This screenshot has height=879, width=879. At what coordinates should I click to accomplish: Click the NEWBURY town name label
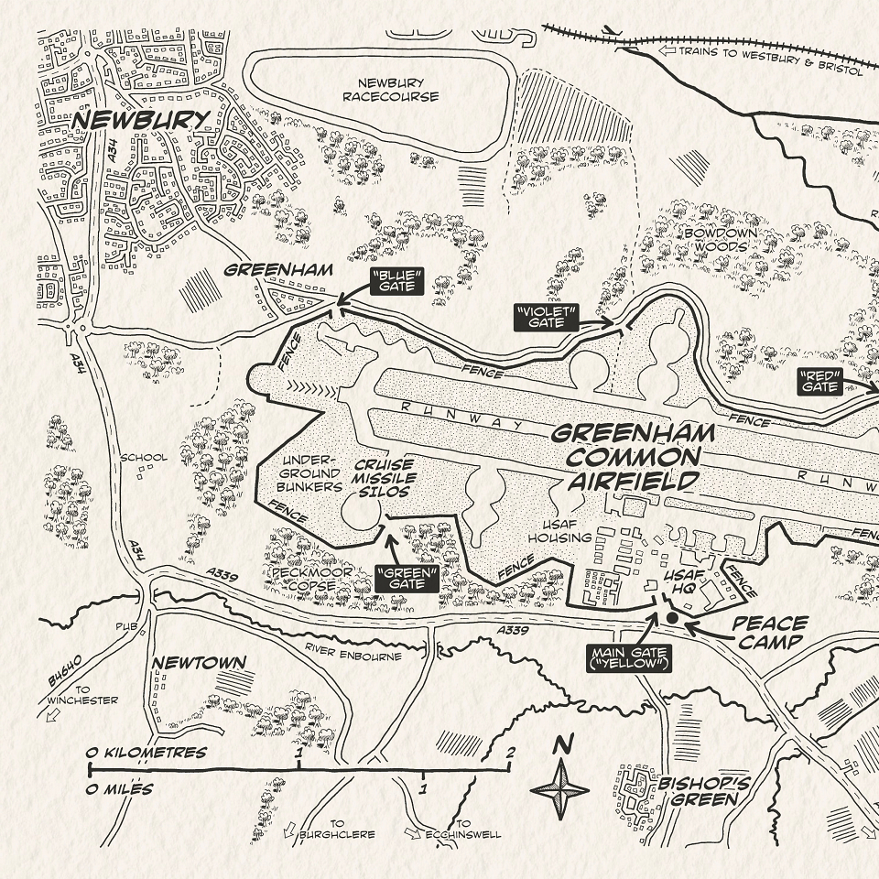click(140, 119)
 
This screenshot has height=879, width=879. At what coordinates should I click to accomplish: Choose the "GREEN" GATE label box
click(407, 577)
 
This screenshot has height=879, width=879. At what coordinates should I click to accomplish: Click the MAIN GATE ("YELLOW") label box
click(626, 657)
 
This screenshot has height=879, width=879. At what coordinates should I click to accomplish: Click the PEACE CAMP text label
click(769, 632)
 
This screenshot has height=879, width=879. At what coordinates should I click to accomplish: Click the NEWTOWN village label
click(189, 662)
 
